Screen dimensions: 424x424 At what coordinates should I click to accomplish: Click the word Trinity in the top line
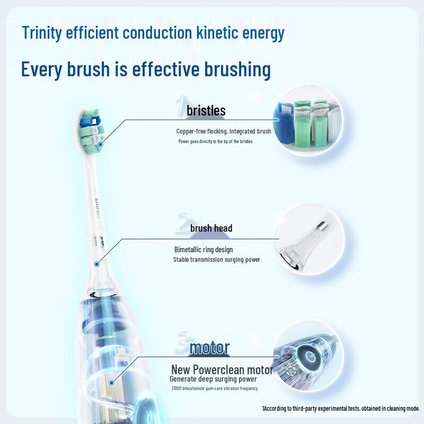pyautogui.click(x=42, y=33)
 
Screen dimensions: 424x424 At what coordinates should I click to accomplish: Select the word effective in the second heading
pyautogui.click(x=160, y=69)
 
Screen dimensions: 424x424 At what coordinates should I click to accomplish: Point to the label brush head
pyautogui.click(x=211, y=228)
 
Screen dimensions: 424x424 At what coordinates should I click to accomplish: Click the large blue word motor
pyautogui.click(x=209, y=348)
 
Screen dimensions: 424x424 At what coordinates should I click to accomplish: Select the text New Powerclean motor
pyautogui.click(x=222, y=369)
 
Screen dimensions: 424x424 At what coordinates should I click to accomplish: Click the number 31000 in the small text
pyautogui.click(x=179, y=389)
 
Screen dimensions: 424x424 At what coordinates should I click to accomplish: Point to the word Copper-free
pyautogui.click(x=190, y=131)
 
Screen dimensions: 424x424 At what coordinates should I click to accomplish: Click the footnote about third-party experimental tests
pyautogui.click(x=341, y=409)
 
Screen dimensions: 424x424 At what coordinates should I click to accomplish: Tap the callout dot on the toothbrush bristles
pyautogui.click(x=100, y=142)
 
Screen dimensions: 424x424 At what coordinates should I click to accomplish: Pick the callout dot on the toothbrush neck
pyautogui.click(x=97, y=263)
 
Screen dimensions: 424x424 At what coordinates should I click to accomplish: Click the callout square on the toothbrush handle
pyautogui.click(x=112, y=382)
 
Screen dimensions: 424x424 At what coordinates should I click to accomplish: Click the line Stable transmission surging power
pyautogui.click(x=216, y=260)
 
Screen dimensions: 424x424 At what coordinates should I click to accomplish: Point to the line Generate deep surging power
pyautogui.click(x=213, y=379)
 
